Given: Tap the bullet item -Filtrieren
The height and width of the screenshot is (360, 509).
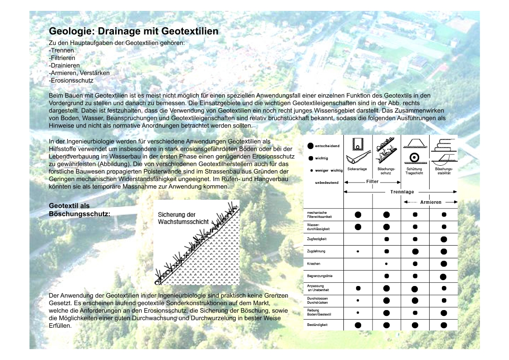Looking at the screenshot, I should click(62, 58).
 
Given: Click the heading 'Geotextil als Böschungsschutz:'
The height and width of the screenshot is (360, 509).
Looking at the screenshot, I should click(79, 209).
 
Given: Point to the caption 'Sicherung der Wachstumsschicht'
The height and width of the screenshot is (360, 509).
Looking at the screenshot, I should click(183, 218).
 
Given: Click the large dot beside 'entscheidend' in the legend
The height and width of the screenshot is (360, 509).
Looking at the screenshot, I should click(310, 146).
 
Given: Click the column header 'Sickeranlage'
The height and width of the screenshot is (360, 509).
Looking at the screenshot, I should click(357, 169).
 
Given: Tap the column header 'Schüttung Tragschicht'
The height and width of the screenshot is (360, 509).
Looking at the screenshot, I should click(415, 171).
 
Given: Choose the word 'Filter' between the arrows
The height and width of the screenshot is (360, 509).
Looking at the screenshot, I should click(372, 182).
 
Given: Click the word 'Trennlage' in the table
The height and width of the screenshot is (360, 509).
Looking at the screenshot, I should click(402, 192).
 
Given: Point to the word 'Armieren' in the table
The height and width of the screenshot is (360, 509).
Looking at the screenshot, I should click(431, 202).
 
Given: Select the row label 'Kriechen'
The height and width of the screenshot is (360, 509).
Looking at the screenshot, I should click(313, 263).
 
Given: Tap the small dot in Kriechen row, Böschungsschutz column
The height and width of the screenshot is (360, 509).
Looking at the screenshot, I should click(386, 263).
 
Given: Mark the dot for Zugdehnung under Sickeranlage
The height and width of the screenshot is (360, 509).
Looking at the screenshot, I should click(358, 251).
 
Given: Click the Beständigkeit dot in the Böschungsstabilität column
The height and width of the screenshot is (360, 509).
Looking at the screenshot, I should click(443, 325).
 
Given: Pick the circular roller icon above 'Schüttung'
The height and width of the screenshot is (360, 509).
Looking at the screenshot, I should click(414, 157).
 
